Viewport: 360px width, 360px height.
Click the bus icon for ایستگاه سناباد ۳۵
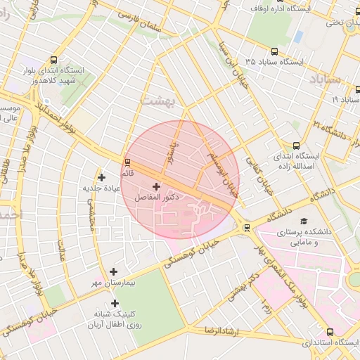(x=274, y=51)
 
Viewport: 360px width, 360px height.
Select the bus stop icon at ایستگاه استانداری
(x=330, y=332)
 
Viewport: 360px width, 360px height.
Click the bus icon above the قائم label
(x=127, y=163)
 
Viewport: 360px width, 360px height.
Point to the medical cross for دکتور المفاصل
(x=155, y=187)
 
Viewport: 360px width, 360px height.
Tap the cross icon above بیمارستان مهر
(x=114, y=271)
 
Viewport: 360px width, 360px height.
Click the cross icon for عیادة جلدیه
(x=102, y=177)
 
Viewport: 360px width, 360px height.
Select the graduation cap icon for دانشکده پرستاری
(x=304, y=221)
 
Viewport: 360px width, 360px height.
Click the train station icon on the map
(x=246, y=227)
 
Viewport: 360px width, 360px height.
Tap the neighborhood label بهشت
(x=157, y=99)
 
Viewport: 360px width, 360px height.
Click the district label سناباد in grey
(x=323, y=77)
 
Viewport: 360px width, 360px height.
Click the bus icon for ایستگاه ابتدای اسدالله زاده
(x=296, y=145)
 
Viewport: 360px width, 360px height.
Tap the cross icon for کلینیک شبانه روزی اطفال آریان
(x=114, y=303)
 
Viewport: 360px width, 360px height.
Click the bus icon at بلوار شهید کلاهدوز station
(x=56, y=60)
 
